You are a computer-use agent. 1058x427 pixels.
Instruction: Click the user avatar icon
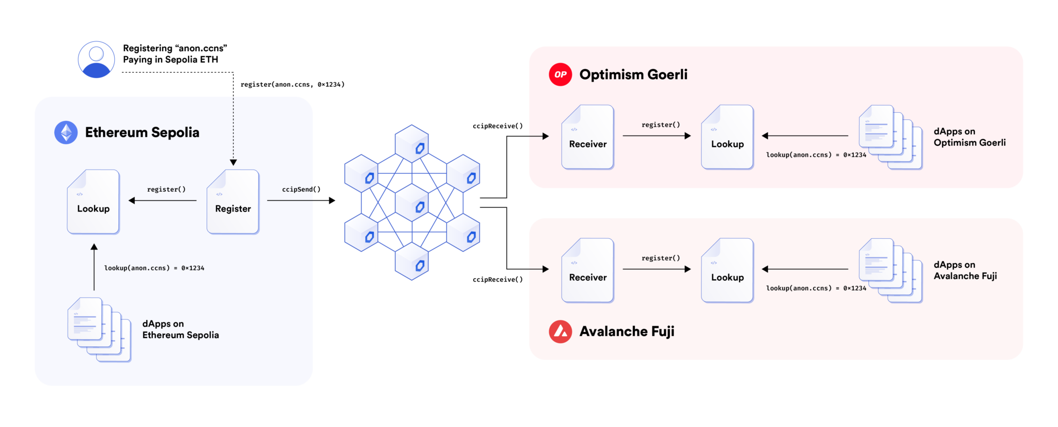pos(97,59)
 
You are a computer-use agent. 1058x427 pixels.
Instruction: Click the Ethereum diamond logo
pos(66,133)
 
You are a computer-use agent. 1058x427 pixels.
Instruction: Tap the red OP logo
pos(561,74)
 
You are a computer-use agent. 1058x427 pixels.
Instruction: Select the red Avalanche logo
pos(561,332)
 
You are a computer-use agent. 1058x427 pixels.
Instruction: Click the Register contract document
pos(233,202)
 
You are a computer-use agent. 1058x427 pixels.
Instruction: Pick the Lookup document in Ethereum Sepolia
pos(94,202)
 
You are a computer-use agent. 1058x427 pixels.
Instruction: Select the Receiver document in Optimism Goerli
pos(588,138)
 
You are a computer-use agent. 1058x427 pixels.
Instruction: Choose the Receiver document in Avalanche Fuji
pos(588,271)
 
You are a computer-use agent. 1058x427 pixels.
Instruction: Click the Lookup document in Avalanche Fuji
pos(727,271)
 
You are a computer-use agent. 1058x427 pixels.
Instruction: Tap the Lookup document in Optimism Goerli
pos(727,138)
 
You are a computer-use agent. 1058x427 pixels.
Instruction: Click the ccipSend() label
pos(301,190)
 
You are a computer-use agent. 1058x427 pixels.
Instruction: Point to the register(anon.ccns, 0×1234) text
pos(292,84)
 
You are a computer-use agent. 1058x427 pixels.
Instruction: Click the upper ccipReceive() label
pos(497,126)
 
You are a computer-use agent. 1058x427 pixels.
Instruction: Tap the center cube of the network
pos(412,202)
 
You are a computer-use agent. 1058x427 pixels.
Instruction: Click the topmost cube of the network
pos(412,143)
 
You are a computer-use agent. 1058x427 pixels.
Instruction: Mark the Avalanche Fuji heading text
pos(627,332)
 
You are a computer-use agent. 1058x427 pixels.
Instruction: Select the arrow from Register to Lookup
pos(163,201)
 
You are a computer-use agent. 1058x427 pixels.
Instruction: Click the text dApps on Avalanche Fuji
pos(965,270)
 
